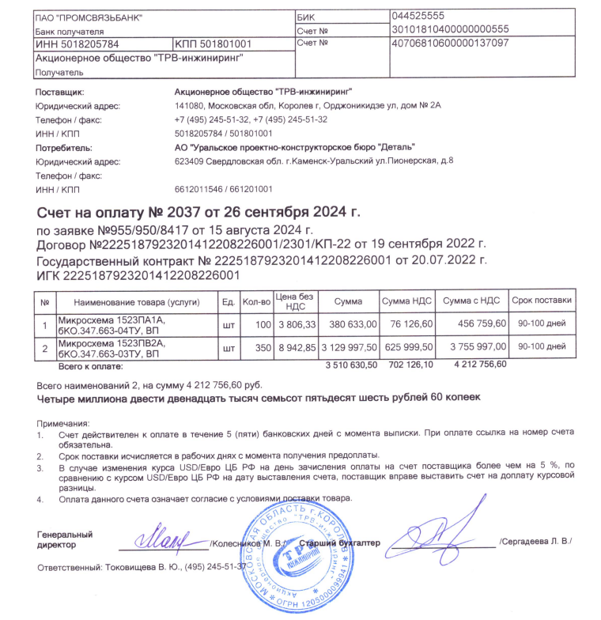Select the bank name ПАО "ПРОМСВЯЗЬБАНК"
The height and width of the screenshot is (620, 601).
pyautogui.click(x=84, y=17)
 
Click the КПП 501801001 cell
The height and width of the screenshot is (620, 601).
pyautogui.click(x=214, y=44)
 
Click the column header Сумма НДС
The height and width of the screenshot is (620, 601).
pyautogui.click(x=406, y=301)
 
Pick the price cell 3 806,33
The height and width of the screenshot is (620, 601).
pyautogui.click(x=297, y=325)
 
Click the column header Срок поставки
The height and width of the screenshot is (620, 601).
pyautogui.click(x=541, y=301)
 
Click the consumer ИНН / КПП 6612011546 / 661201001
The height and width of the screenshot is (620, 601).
pyautogui.click(x=223, y=190)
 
